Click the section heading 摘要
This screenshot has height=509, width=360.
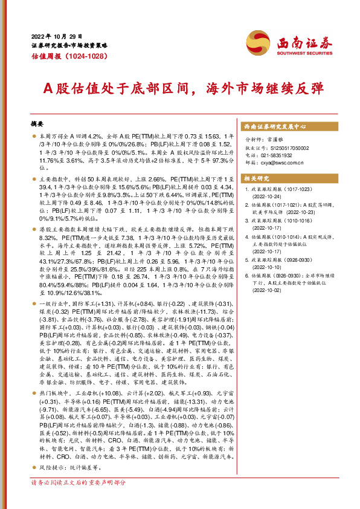click(x=38, y=123)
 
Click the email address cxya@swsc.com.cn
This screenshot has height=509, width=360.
click(x=288, y=163)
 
